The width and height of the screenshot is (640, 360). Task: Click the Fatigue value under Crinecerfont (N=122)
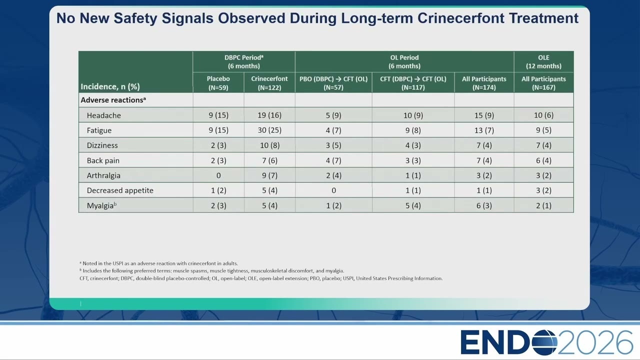pyautogui.click(x=269, y=130)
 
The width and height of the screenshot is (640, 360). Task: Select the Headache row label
pyautogui.click(x=103, y=115)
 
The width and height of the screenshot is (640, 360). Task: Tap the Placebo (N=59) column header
pyautogui.click(x=218, y=83)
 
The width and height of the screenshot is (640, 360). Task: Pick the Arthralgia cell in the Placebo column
pyautogui.click(x=218, y=175)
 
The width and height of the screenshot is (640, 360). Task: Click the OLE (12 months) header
pyautogui.click(x=543, y=61)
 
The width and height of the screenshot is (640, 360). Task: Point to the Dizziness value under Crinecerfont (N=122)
pyautogui.click(x=269, y=145)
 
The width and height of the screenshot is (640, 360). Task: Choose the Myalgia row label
pyautogui.click(x=101, y=205)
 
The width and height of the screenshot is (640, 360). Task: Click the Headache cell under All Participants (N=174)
pyautogui.click(x=484, y=115)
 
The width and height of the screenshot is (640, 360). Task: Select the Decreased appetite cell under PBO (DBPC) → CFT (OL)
pyautogui.click(x=333, y=190)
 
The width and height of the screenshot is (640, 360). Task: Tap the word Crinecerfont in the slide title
pyautogui.click(x=461, y=18)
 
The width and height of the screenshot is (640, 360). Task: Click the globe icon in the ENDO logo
pyautogui.click(x=544, y=342)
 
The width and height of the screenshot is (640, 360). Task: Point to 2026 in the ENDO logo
pyautogui.click(x=595, y=342)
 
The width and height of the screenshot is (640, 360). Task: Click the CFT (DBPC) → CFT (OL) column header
pyautogui.click(x=413, y=83)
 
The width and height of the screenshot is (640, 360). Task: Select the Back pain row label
pyautogui.click(x=103, y=160)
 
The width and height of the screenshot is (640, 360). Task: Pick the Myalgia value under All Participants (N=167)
pyautogui.click(x=543, y=205)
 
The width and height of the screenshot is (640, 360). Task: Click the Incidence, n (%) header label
pyautogui.click(x=110, y=86)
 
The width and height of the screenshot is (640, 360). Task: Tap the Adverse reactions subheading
pyautogui.click(x=113, y=100)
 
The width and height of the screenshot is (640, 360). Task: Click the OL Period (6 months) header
pyautogui.click(x=404, y=61)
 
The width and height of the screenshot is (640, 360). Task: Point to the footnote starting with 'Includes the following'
pyautogui.click(x=211, y=271)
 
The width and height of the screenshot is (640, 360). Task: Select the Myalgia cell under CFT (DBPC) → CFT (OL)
pyautogui.click(x=413, y=205)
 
